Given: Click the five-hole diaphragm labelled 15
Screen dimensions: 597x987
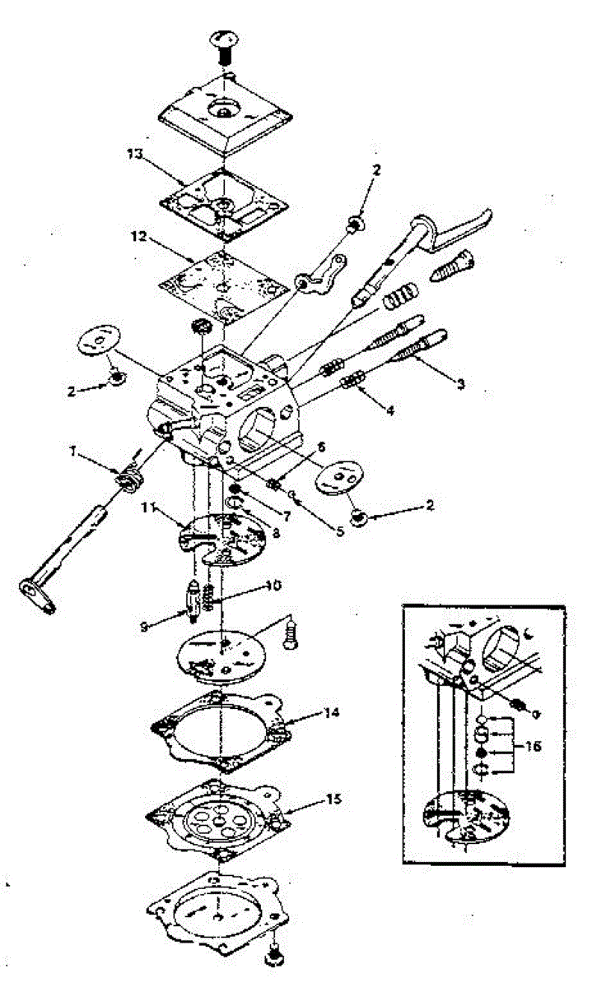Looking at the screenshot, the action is click(218, 819).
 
